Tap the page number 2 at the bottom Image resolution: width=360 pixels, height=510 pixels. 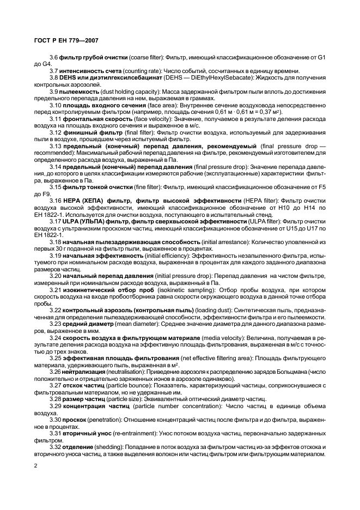(x=35, y=466)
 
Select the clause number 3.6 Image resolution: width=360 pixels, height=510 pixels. (x=53, y=57)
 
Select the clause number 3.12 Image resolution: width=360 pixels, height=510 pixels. (x=55, y=132)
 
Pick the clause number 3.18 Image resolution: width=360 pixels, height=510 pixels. (x=55, y=241)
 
